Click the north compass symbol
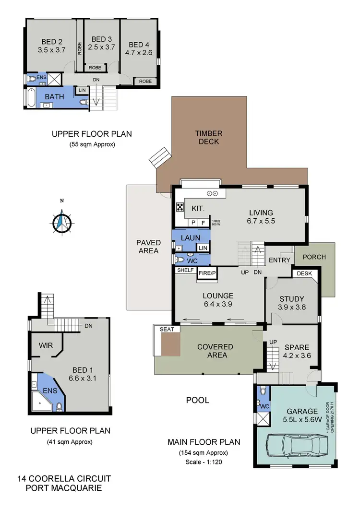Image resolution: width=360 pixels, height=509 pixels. [x=61, y=221]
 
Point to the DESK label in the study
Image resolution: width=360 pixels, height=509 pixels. [x=304, y=273]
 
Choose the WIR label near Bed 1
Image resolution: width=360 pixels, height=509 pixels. [x=45, y=345]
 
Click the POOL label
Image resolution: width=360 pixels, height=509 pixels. [x=197, y=400]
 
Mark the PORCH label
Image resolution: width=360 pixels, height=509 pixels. [x=314, y=257]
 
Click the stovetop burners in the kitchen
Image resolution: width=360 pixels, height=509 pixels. [x=180, y=208]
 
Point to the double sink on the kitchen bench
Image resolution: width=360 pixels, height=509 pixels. [x=212, y=193]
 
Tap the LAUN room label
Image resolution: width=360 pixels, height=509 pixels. [x=191, y=237]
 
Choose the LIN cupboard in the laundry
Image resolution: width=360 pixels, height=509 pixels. [x=203, y=248]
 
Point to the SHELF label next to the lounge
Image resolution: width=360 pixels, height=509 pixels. [x=185, y=270]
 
